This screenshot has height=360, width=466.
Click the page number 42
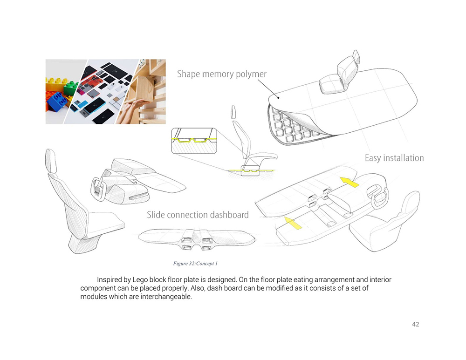pyautogui.click(x=416, y=324)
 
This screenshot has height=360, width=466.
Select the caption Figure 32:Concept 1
pyautogui.click(x=195, y=264)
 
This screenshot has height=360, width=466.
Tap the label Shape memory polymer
pyautogui.click(x=222, y=74)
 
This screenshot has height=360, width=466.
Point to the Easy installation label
pyautogui.click(x=394, y=158)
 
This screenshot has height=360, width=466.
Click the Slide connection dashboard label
pyautogui.click(x=198, y=214)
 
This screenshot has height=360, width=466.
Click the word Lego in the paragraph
pyautogui.click(x=140, y=280)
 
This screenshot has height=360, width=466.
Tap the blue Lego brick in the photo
pyautogui.click(x=57, y=101)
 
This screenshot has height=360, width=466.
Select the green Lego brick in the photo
pyautogui.click(x=71, y=87)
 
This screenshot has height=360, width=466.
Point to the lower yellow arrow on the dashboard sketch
pyautogui.click(x=293, y=223)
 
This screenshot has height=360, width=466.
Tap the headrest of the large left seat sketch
pyautogui.click(x=51, y=160)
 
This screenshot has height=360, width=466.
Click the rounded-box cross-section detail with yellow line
pyautogui.click(x=194, y=141)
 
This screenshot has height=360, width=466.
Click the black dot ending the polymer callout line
pyautogui.click(x=278, y=97)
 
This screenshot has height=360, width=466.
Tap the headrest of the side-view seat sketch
pyautogui.click(x=233, y=112)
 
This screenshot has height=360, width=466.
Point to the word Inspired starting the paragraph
pyautogui.click(x=110, y=280)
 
